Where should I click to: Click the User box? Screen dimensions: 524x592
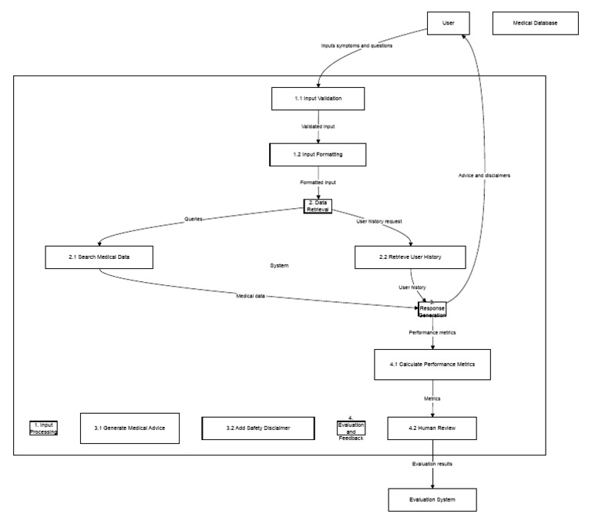pos(448,24)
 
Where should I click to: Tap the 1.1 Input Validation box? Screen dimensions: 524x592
pos(318,99)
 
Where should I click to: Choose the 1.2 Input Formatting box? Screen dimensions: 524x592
pos(318,154)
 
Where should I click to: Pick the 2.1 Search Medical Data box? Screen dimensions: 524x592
pos(99,257)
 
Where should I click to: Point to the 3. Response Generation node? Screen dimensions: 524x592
pos(432,309)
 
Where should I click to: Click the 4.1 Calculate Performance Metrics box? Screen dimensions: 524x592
pos(432,364)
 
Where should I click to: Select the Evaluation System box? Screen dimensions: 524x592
pos(432,500)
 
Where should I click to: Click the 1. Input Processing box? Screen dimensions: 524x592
pos(44,428)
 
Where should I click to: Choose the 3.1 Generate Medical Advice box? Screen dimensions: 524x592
pos(130,428)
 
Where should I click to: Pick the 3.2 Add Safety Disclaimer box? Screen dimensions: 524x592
pos(258,428)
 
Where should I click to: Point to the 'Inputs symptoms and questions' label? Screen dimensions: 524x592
pos(357,46)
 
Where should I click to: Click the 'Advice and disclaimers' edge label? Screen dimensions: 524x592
pos(484,175)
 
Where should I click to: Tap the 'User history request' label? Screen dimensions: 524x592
pos(379,221)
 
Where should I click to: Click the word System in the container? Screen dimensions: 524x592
pos(279,265)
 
